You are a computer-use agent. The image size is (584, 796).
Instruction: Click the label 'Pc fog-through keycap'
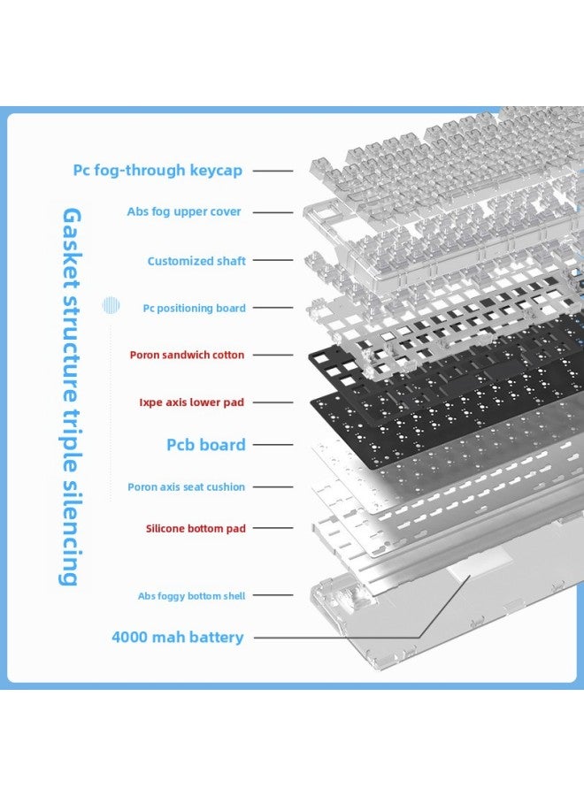pyautogui.click(x=158, y=170)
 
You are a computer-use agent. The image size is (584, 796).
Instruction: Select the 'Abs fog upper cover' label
pyautogui.click(x=184, y=211)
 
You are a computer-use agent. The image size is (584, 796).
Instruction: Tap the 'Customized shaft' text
pyautogui.click(x=196, y=261)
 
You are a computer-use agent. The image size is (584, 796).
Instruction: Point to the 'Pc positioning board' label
pyautogui.click(x=194, y=308)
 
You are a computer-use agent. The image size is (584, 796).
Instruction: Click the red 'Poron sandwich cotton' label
pyautogui.click(x=187, y=355)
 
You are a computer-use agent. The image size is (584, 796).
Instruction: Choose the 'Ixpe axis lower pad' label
pyautogui.click(x=191, y=402)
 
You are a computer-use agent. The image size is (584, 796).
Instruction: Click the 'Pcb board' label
pyautogui.click(x=205, y=445)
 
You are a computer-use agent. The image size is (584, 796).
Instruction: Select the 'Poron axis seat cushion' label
pyautogui.click(x=186, y=486)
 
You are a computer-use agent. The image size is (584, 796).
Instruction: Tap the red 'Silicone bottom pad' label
pyautogui.click(x=196, y=529)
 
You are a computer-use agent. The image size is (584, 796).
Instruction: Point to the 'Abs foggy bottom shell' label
pyautogui.click(x=191, y=596)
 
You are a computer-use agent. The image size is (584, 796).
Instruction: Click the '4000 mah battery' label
pyautogui.click(x=178, y=637)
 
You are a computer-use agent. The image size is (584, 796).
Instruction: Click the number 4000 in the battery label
pyautogui.click(x=129, y=637)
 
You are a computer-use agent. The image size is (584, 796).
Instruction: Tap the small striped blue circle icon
pyautogui.click(x=111, y=305)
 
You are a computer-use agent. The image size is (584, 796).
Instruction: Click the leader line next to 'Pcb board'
pyautogui.click(x=273, y=445)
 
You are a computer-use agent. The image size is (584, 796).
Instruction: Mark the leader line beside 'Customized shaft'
pyautogui.click(x=273, y=260)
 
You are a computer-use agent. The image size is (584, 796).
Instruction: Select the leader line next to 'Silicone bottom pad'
pyautogui.click(x=273, y=529)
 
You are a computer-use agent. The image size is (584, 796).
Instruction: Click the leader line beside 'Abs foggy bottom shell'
pyautogui.click(x=273, y=595)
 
